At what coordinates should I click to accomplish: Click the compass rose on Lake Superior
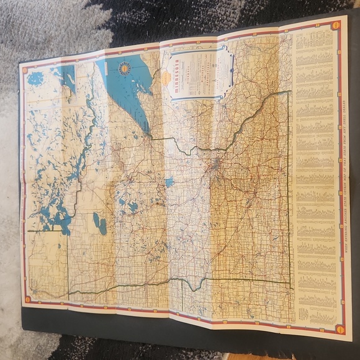click(x=125, y=68)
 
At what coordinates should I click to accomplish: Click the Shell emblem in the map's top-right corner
click(x=336, y=25)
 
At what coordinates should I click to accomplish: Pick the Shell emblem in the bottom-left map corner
click(x=27, y=300)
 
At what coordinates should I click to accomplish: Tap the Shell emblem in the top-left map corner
click(x=25, y=70)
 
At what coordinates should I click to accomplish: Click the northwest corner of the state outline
click(x=30, y=232)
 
